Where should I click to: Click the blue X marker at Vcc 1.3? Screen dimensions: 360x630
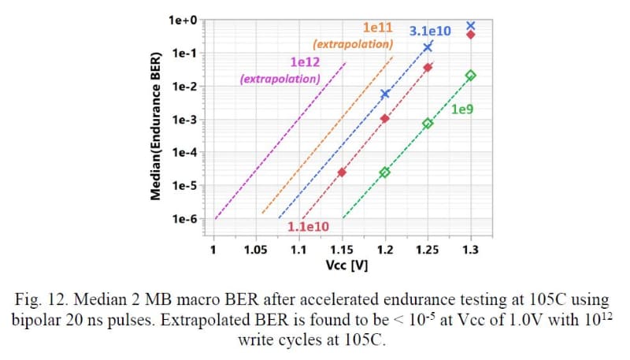471,25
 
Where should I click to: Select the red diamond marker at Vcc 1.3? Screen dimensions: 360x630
471,35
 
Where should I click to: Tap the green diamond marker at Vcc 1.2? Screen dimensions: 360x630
385,172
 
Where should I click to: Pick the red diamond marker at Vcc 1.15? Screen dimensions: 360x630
342,172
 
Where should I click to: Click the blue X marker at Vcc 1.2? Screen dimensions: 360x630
385,94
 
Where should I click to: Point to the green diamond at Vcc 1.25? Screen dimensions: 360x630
428,124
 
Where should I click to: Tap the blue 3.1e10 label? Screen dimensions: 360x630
431,31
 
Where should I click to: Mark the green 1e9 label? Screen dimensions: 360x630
462,109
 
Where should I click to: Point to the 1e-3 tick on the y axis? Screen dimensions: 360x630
186,120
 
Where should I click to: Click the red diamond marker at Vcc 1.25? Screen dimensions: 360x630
428,68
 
